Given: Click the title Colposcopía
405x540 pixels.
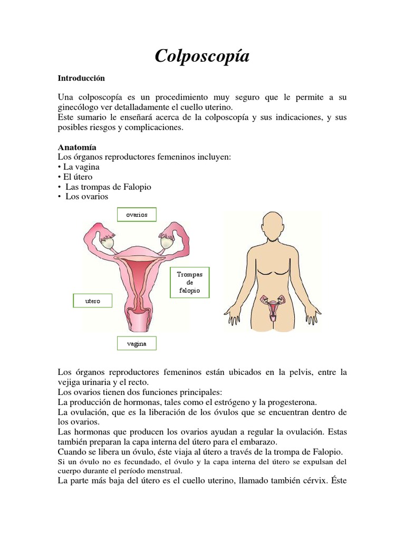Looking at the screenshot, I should coord(202,56).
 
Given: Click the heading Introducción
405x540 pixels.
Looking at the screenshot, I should coord(81,78).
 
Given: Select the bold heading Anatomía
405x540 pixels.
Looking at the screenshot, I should coord(77,147).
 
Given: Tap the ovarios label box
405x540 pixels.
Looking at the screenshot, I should coord(137,215).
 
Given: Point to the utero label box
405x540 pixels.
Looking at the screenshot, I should coord(92,301).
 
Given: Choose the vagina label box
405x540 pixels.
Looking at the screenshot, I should coord(137,344).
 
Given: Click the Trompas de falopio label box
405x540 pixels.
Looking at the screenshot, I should coord(190,283).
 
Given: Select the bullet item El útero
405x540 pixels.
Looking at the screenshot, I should coord(78,177).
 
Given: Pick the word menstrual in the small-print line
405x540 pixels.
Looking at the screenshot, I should coord(163,471).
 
